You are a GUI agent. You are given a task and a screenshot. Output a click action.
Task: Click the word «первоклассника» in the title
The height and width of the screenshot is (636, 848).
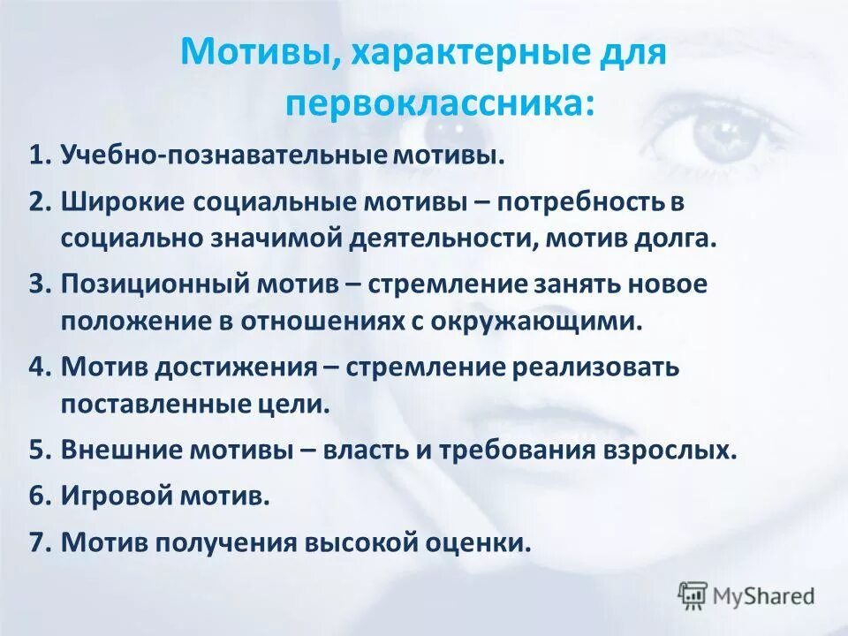pos(433,103)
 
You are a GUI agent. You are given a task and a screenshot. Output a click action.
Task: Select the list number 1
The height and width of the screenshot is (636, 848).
pos(38,156)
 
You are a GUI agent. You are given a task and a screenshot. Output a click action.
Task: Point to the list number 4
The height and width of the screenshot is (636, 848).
pos(38,367)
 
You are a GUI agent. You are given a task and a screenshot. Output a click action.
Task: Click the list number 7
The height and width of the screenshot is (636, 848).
pos(38,541)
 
